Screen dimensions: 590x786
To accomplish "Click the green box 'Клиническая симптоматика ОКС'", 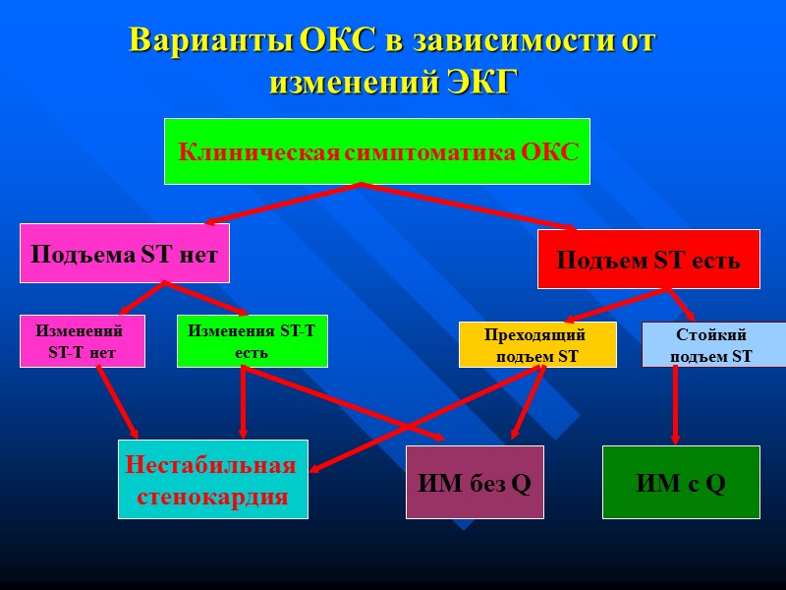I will click(376, 151).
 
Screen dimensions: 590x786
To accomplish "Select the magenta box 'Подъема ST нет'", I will click(125, 254).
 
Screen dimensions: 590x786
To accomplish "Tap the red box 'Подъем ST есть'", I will click(648, 260).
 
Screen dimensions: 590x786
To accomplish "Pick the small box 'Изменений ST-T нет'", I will click(83, 341).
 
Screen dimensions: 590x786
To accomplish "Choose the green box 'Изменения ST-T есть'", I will click(252, 341).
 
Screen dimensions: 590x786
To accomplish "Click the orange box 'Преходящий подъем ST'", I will click(537, 345).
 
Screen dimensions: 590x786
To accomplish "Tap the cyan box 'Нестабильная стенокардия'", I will click(212, 479).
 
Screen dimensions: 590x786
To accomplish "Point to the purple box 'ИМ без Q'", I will click(475, 482).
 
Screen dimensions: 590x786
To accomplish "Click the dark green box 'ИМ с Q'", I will click(681, 482).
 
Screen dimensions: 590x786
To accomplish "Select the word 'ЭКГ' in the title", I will click(480, 83).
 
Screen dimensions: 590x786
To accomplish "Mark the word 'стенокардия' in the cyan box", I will click(212, 497).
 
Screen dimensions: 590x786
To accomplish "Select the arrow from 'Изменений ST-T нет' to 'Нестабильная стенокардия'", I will click(117, 403).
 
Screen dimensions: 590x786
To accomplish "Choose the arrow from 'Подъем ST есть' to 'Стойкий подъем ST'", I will click(683, 305).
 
